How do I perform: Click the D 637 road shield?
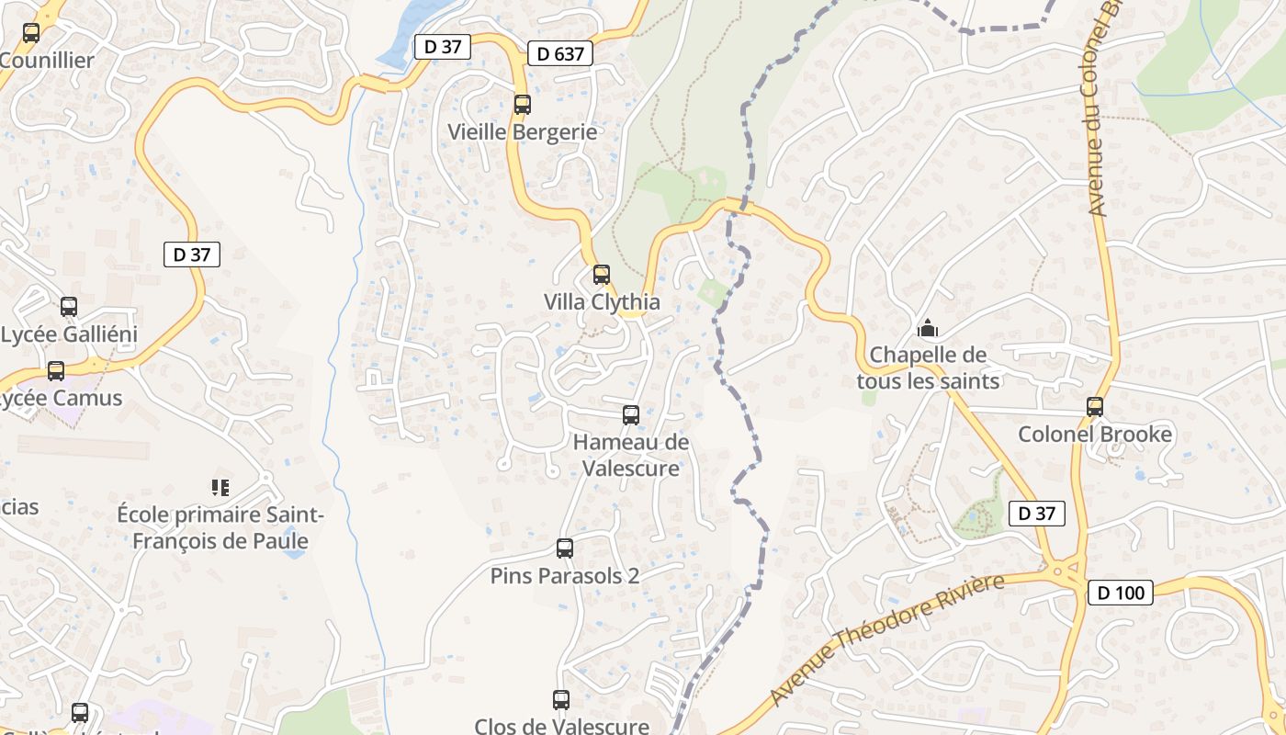(x=560, y=54)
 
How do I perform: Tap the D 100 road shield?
(x=1122, y=593)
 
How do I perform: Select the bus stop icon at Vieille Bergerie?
(x=523, y=105)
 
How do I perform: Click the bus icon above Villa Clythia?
(x=602, y=275)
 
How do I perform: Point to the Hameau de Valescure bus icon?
(x=631, y=415)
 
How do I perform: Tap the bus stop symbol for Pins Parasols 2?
(x=565, y=548)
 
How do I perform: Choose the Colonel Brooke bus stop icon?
(x=1094, y=407)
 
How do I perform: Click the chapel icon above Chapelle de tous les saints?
(x=928, y=328)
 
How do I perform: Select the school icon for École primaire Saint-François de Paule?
(x=220, y=487)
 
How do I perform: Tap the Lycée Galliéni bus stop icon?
(x=69, y=307)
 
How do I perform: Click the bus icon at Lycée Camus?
(x=56, y=371)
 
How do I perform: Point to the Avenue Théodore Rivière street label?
(x=887, y=639)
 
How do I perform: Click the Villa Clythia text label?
(x=602, y=301)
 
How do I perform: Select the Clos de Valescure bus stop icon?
(x=561, y=700)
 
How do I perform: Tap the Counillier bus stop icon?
(x=31, y=34)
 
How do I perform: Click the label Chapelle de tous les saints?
(x=928, y=367)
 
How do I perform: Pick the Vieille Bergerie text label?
(x=522, y=131)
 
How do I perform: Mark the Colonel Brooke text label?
(x=1095, y=434)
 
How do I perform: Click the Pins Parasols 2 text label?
(x=565, y=576)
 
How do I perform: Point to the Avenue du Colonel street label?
(x=1099, y=110)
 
